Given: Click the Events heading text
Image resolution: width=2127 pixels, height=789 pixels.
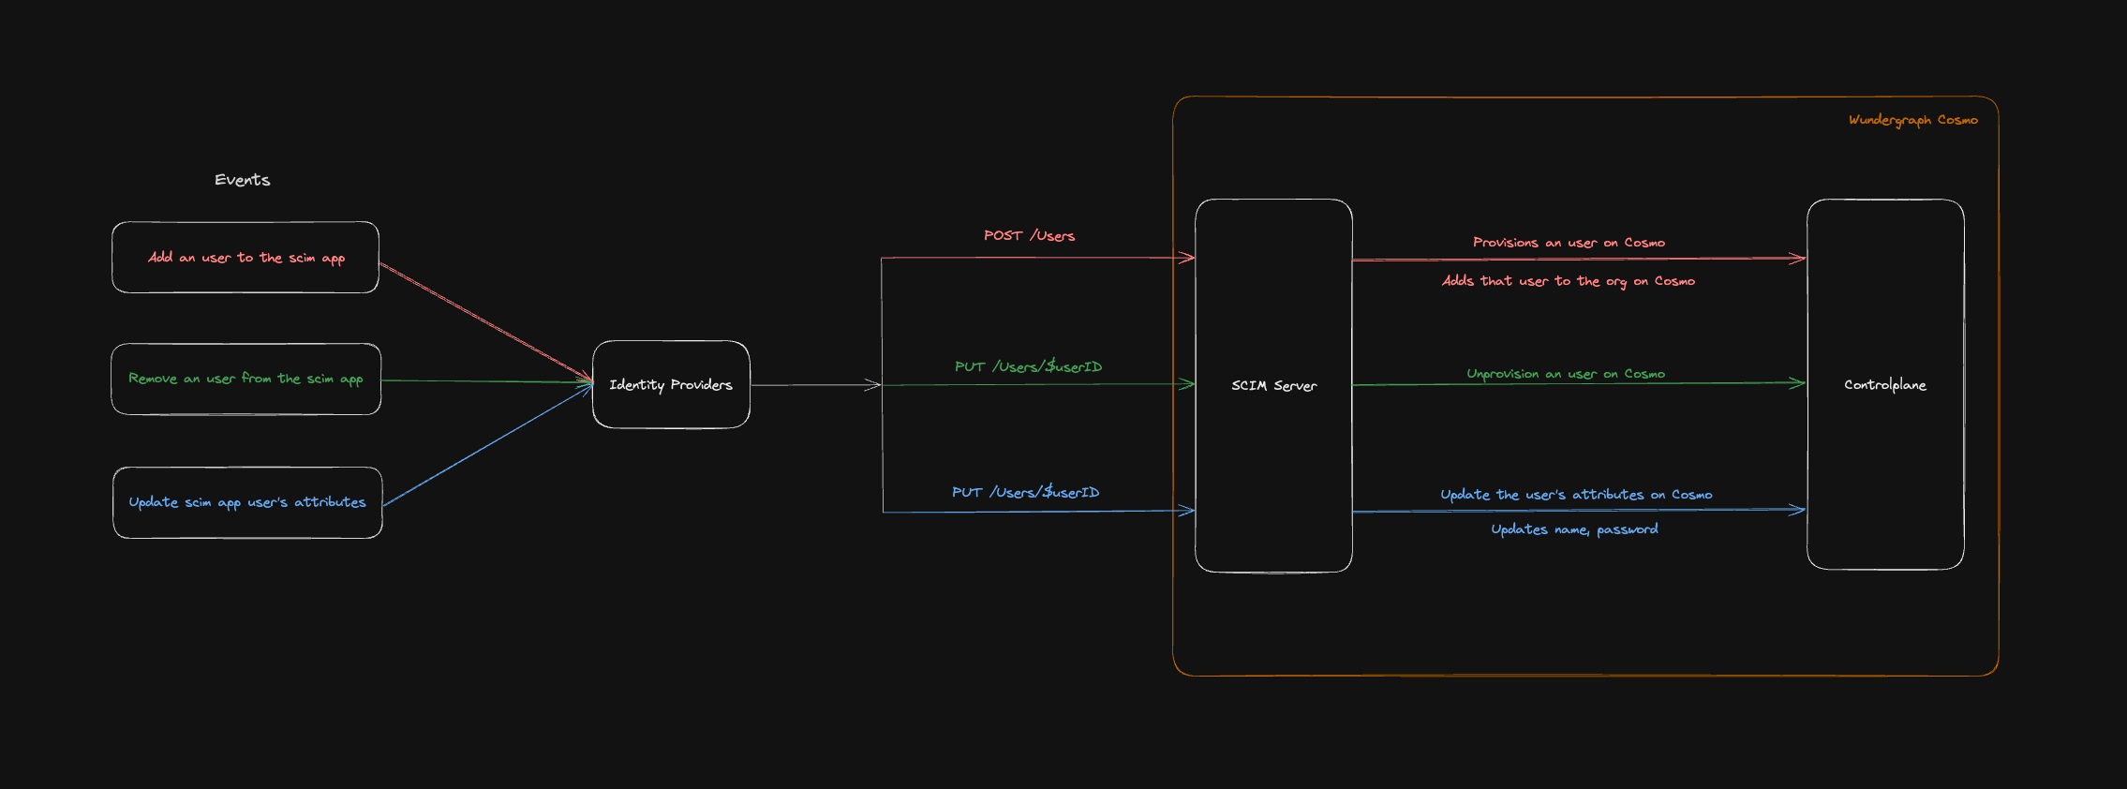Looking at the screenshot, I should point(242,180).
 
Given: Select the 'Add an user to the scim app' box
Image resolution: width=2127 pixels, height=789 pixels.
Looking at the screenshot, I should point(245,258).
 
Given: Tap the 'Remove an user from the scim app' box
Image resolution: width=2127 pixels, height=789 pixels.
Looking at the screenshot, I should point(245,380).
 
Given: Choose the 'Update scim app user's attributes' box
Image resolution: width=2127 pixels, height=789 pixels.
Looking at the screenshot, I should point(247,503).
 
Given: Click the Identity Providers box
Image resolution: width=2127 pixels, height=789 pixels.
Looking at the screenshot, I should point(671,385).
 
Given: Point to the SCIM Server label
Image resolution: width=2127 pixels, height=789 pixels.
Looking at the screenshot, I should point(1273,386).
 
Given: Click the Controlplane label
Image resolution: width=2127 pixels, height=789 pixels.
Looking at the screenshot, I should point(1885,385).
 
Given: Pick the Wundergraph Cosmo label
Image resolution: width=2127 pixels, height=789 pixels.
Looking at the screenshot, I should point(1912,120).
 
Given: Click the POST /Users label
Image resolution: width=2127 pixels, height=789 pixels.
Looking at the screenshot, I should point(1029,236).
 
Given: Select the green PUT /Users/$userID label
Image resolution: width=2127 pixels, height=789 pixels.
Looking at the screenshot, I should point(1028,367).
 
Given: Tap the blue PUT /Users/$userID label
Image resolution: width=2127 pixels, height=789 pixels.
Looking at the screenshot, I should point(1025,493).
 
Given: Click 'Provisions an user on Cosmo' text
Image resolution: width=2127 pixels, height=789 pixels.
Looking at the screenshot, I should point(1569,243).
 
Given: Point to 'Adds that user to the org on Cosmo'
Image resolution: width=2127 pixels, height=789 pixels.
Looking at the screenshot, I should point(1568,281).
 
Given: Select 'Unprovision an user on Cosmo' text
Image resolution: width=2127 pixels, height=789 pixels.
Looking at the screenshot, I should point(1566,374).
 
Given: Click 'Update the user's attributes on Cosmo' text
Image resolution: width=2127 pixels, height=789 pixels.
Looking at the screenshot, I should point(1576,495).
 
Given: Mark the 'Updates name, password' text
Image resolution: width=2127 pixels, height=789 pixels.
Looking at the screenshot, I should point(1574,529).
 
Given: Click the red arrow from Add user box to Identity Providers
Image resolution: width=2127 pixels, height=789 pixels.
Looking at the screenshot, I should point(485,322).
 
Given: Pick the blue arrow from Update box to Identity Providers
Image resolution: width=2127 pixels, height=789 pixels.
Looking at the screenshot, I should point(487,446).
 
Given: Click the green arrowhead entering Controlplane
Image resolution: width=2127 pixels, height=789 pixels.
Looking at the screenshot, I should point(1797,383).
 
